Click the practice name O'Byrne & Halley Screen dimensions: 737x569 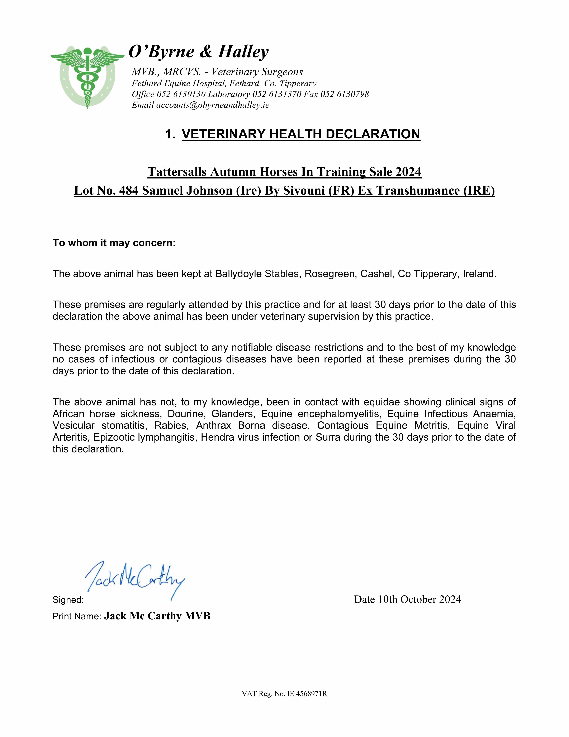click(199, 52)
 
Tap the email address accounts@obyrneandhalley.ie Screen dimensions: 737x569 click(213, 105)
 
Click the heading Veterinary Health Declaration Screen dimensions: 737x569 click(301, 134)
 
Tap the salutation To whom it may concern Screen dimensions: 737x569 click(114, 243)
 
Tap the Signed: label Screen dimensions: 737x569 click(68, 600)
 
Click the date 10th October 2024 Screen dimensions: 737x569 click(419, 599)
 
